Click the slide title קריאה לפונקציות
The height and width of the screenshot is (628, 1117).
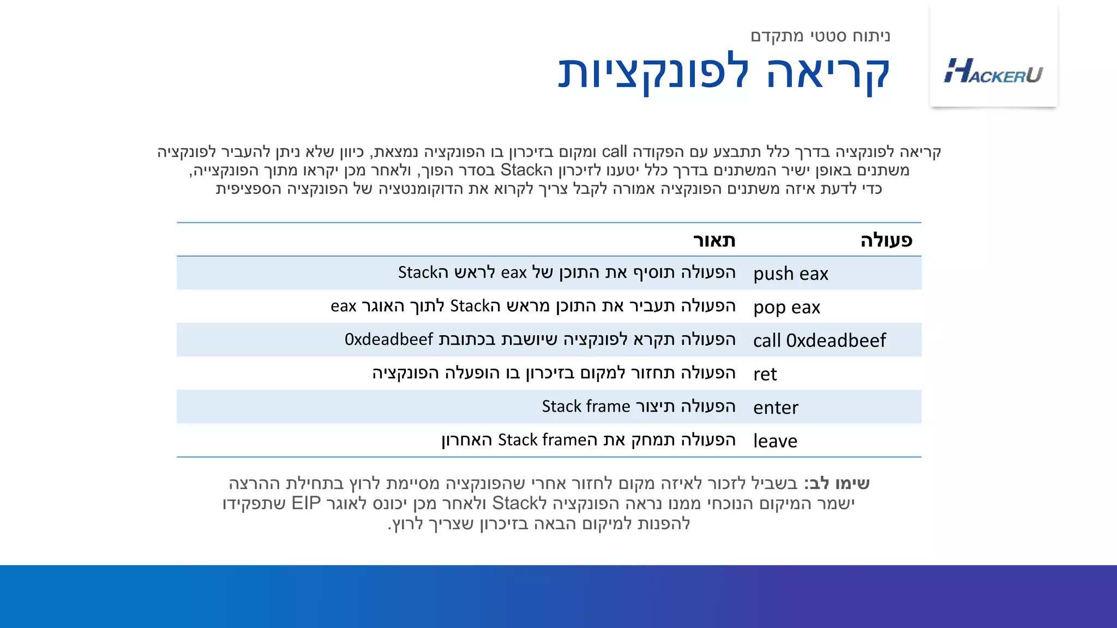point(724,73)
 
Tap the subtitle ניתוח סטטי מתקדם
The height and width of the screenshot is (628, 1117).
point(820,36)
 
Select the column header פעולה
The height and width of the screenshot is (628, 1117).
point(886,240)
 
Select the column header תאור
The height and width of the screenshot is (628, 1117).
point(714,240)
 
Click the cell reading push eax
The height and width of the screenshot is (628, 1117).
point(790,274)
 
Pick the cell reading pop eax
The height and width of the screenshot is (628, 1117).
point(786,307)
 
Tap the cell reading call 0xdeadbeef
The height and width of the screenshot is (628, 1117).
point(819,341)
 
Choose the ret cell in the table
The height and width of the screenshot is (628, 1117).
point(765,375)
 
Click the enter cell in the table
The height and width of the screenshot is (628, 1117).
point(776,408)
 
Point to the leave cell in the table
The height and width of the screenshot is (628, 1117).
point(775,441)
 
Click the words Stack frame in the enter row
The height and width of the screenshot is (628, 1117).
point(586,407)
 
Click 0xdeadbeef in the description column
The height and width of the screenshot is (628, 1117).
point(389,340)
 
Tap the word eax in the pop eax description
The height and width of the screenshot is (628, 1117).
point(344,306)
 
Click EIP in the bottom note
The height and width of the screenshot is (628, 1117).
point(306,503)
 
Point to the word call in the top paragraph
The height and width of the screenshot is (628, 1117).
point(614,152)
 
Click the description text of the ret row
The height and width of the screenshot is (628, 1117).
point(554,373)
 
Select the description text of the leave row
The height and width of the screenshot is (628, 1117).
point(588,440)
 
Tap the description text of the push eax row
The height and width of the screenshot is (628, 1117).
point(567,273)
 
